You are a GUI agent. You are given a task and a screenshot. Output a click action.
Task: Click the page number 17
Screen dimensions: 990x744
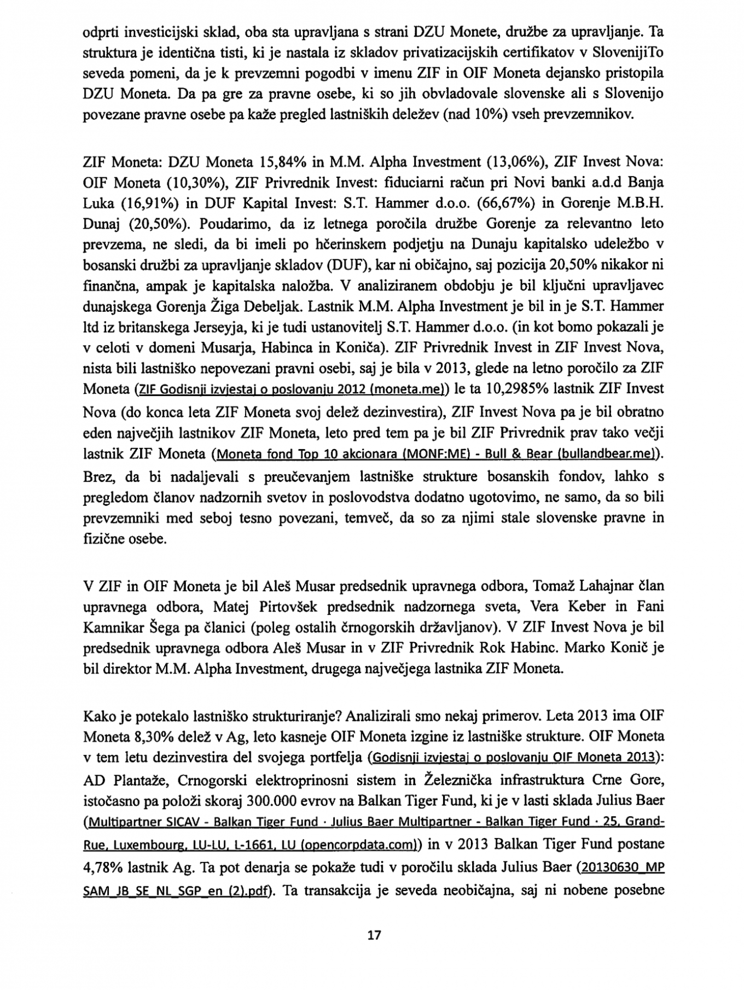[x=374, y=934]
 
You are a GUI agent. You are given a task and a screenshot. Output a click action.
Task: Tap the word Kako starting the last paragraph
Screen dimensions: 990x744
[x=99, y=716]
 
